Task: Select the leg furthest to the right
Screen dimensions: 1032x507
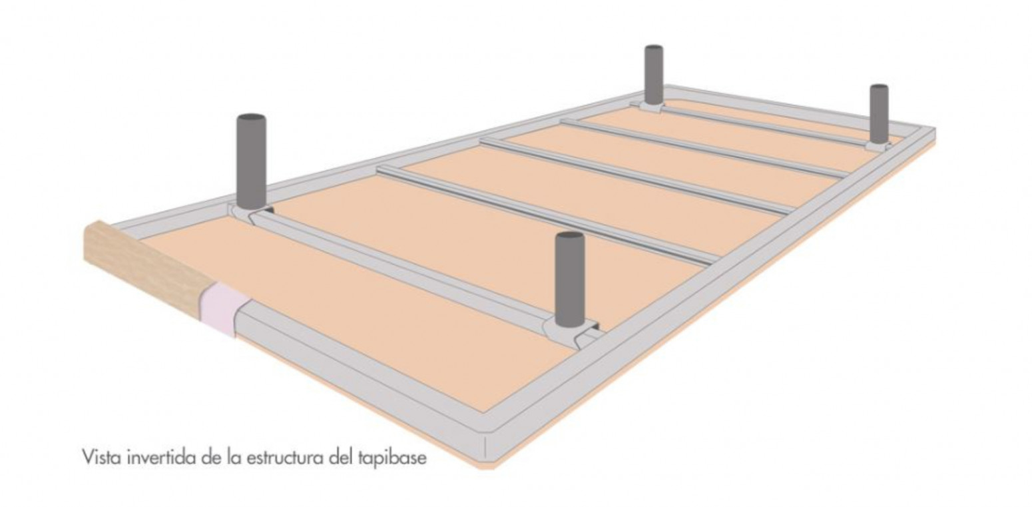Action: coord(879,115)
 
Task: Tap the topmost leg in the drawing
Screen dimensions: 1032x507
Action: coord(654,75)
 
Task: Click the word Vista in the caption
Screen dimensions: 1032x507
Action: coord(103,458)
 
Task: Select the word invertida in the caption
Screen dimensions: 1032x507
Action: coord(162,458)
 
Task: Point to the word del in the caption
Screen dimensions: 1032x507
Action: coord(342,458)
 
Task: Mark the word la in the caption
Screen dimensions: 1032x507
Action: coord(234,458)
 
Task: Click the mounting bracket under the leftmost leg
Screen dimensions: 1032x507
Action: coord(251,213)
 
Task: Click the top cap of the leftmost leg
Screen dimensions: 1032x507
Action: coord(252,118)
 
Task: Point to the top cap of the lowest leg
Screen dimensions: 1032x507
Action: coord(569,236)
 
